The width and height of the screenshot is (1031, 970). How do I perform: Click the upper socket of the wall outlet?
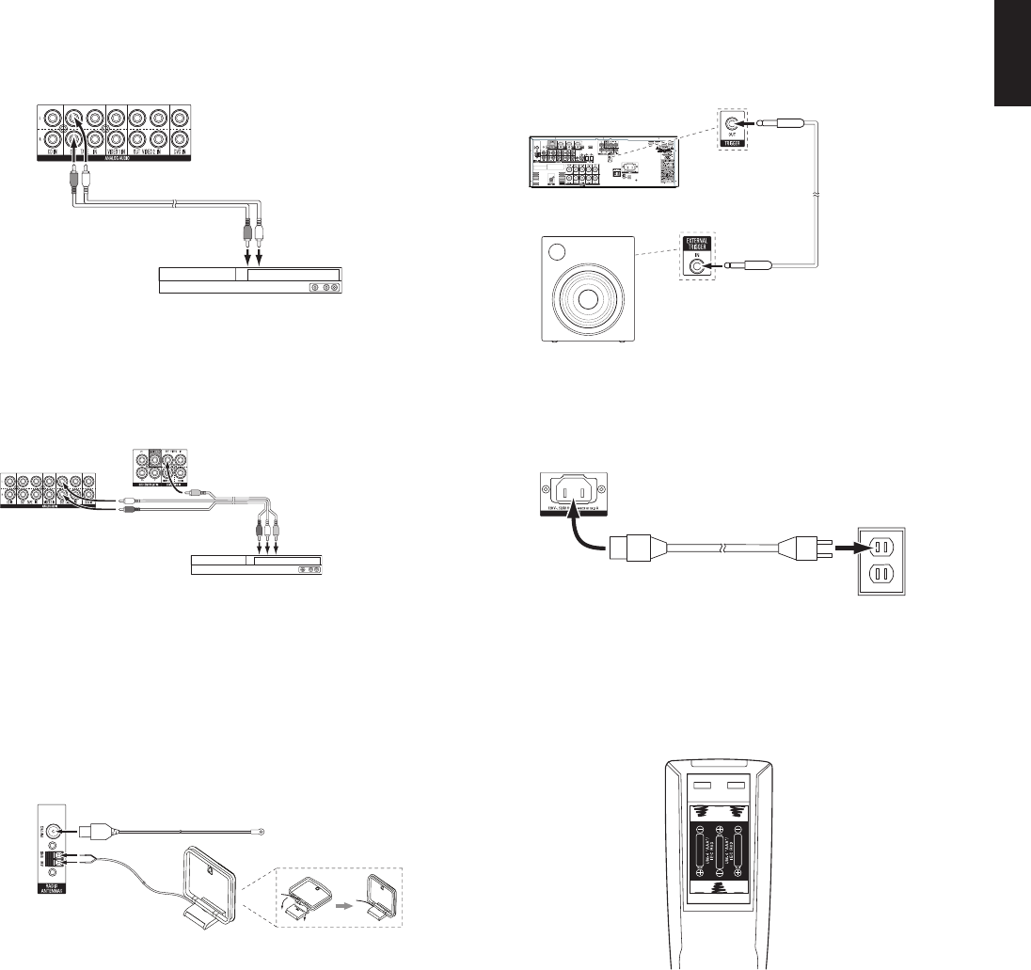point(880,545)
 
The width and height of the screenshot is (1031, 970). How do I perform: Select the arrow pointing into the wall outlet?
point(850,545)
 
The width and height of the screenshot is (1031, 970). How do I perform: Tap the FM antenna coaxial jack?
point(56,830)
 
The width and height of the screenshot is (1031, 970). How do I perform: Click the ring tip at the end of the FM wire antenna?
point(262,831)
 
